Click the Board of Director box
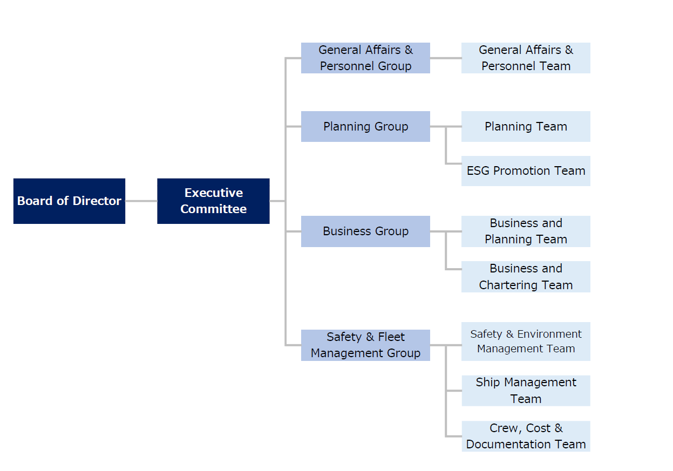(69, 201)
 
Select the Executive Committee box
(213, 201)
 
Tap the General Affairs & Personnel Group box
(365, 58)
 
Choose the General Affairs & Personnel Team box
(526, 58)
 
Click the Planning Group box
(365, 126)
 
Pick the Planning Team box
(526, 126)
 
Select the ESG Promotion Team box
(526, 171)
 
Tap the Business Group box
(365, 231)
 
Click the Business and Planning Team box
(526, 231)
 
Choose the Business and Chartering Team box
(526, 277)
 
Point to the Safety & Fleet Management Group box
(365, 345)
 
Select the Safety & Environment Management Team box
(526, 342)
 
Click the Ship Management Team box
(526, 391)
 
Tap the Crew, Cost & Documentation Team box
(526, 436)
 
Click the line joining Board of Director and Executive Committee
(141, 201)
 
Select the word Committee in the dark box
(213, 209)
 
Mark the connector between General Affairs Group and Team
(445, 58)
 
